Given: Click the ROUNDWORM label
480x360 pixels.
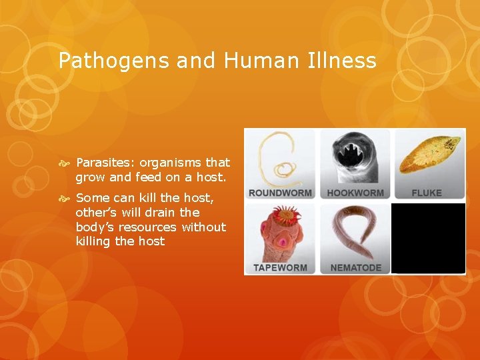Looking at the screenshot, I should (x=281, y=193).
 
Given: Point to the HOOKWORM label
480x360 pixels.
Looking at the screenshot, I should (x=355, y=193).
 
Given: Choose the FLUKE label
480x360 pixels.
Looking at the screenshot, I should (x=427, y=193).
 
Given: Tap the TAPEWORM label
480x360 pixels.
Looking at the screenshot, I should (x=279, y=268).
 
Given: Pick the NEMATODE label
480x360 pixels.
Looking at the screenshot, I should (x=355, y=268).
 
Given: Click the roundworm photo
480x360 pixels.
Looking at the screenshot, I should (x=280, y=159).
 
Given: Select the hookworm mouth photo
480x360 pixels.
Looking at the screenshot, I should (x=355, y=157).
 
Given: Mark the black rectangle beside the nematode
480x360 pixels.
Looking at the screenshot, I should (x=428, y=238).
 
